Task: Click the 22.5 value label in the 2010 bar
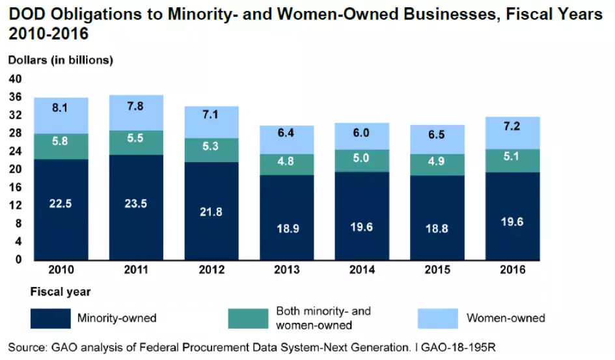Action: (61, 203)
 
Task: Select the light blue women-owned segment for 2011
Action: (136, 113)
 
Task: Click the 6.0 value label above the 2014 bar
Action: (362, 132)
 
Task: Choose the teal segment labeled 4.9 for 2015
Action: (437, 164)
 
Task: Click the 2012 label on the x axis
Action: (212, 270)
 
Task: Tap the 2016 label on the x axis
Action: (513, 270)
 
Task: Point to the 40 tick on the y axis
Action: (15, 79)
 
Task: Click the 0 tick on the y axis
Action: (18, 259)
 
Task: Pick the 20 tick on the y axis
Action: (15, 169)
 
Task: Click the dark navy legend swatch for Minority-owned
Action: (51, 318)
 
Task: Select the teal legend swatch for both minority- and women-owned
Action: (248, 318)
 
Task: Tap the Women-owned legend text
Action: (506, 318)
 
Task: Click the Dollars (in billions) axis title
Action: (61, 60)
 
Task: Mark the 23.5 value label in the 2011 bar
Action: (136, 203)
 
